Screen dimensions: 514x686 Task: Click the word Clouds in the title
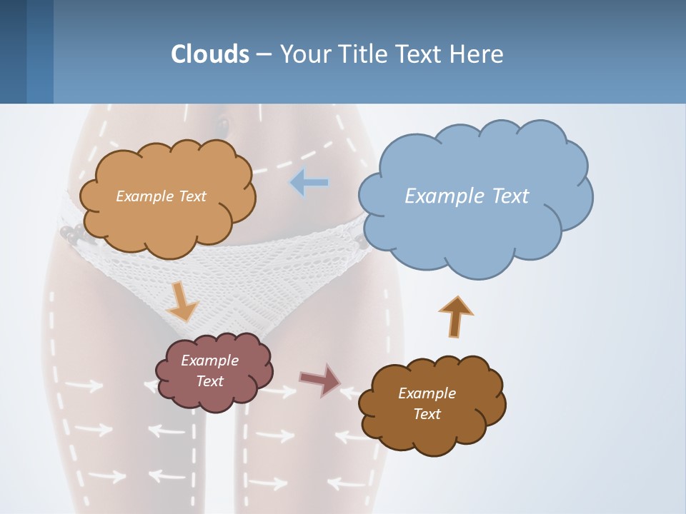click(x=210, y=54)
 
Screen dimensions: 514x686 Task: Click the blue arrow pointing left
click(x=309, y=183)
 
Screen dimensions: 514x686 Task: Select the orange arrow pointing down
click(x=182, y=301)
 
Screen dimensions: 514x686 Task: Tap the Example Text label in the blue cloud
click(x=467, y=196)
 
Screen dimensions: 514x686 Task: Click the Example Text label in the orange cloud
click(x=161, y=196)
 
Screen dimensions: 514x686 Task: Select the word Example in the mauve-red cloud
click(x=209, y=361)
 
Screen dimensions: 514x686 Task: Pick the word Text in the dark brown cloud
click(x=427, y=414)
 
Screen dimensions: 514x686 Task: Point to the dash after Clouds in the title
click(x=264, y=54)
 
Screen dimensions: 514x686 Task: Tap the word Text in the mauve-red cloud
click(x=209, y=381)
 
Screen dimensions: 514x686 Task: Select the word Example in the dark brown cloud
click(x=427, y=393)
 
